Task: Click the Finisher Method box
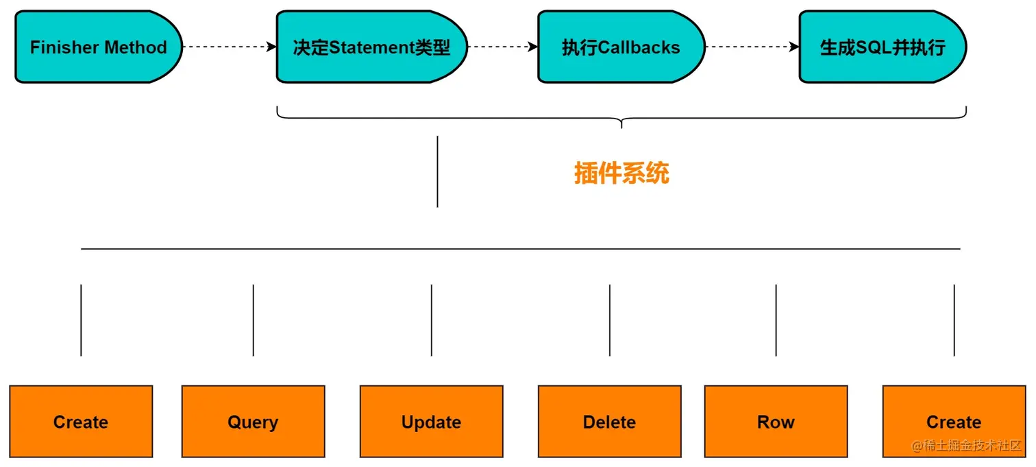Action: point(98,47)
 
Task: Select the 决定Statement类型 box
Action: point(371,47)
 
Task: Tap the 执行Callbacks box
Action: point(620,47)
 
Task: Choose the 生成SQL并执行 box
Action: point(882,47)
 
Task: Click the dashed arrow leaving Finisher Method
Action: point(229,47)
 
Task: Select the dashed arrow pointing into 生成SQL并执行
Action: point(752,47)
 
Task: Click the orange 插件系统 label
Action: point(621,173)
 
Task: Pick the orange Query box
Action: point(253,422)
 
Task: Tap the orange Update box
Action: point(431,422)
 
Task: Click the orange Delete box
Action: point(609,422)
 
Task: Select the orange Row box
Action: point(776,422)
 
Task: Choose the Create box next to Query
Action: point(81,422)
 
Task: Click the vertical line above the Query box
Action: point(254,320)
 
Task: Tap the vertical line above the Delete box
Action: point(610,320)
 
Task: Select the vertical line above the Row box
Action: point(776,320)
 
